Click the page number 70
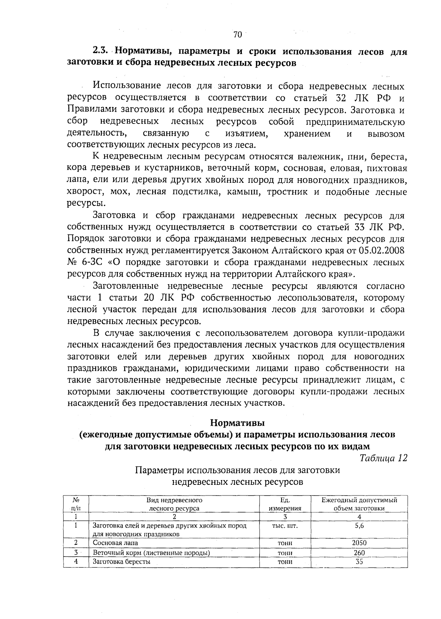coord(237,35)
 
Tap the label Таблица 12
coord(383,458)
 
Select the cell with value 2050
coord(359,543)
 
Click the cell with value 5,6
coord(359,526)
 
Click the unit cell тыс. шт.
coord(284,526)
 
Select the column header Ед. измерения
coord(285,504)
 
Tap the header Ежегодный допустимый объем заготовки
coord(359,504)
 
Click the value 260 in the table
coord(359,552)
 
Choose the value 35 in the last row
coord(359,562)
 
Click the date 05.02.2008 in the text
coord(381,251)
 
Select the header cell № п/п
coord(76,504)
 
